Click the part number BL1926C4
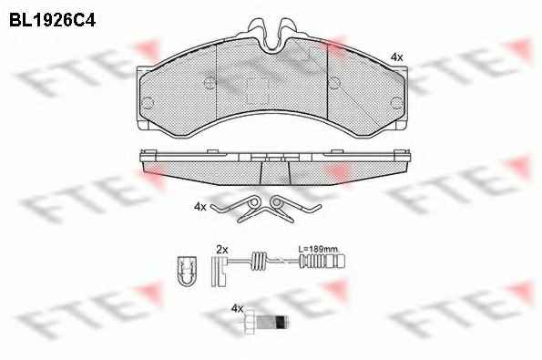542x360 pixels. point(52,20)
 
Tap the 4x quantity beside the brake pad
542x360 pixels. point(396,57)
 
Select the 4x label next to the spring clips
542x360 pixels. point(200,207)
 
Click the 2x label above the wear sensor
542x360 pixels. point(222,250)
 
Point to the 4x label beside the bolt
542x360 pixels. point(237,308)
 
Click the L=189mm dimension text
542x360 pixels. point(318,249)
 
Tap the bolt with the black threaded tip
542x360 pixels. point(266,323)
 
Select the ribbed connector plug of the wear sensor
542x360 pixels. point(322,261)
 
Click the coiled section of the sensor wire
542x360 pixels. point(259,261)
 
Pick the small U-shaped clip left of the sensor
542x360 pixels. point(187,271)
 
